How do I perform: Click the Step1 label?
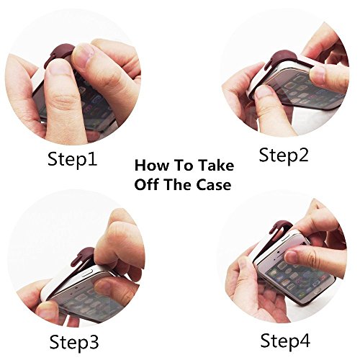click(x=73, y=159)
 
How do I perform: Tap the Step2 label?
click(x=284, y=156)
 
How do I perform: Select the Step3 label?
click(x=74, y=342)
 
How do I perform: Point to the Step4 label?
click(x=285, y=341)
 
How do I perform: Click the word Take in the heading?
click(x=215, y=166)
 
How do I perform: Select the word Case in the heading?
click(x=214, y=185)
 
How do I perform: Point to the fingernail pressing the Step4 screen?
click(x=292, y=257)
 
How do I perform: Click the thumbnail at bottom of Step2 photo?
click(x=264, y=92)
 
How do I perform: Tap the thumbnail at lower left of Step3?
click(x=48, y=311)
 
